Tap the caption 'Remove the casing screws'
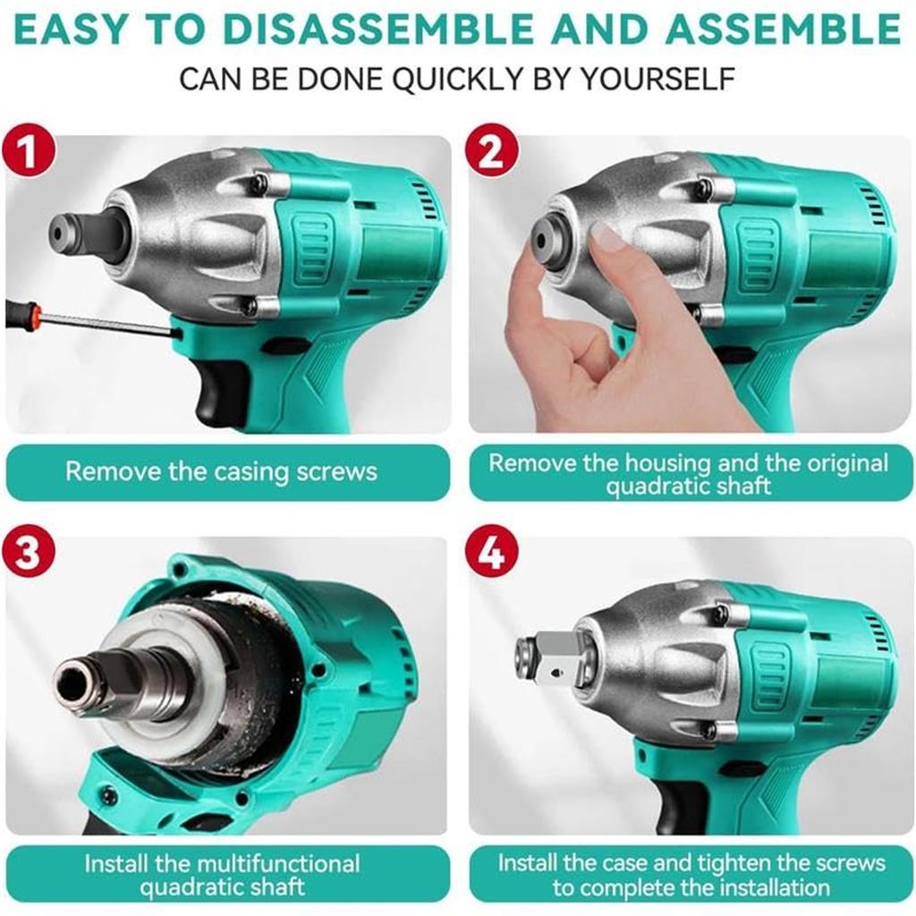[x=221, y=471]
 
